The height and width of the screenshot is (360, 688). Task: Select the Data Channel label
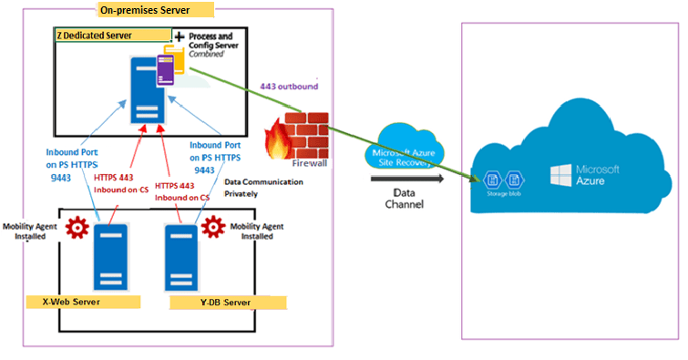click(x=410, y=200)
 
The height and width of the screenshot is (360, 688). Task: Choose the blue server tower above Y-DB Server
click(x=179, y=256)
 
